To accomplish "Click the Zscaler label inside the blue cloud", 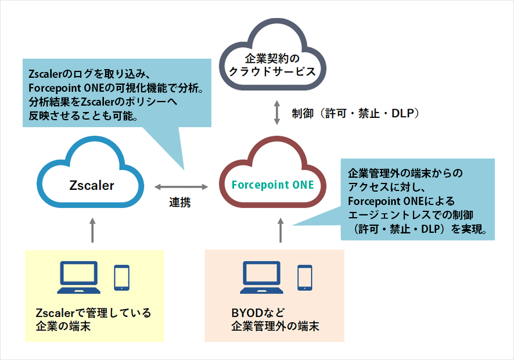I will [92, 186].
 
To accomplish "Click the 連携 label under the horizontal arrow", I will [180, 203].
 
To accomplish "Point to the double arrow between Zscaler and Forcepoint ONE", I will [181, 187].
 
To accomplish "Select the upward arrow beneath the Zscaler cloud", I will [92, 229].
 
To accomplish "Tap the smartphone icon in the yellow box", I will [121, 278].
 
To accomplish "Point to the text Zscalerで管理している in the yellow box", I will [92, 314].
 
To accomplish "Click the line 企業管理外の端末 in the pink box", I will [275, 327].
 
